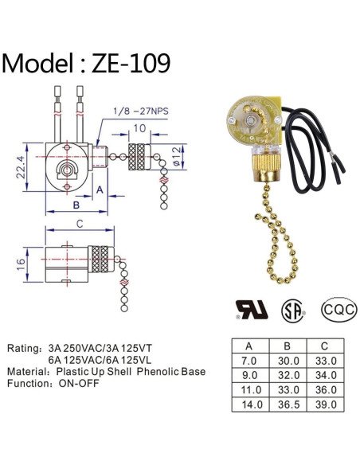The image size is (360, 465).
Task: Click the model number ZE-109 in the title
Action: [x=131, y=63]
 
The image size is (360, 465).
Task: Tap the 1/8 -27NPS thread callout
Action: [x=141, y=111]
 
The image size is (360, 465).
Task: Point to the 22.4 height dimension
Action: [x=21, y=167]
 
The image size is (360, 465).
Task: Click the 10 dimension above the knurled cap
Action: [x=139, y=128]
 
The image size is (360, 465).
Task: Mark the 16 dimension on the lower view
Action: [x=21, y=264]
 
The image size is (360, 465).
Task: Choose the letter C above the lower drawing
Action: [x=80, y=224]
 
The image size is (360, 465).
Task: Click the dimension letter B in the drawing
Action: [x=76, y=205]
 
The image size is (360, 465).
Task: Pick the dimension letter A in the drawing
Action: [x=100, y=190]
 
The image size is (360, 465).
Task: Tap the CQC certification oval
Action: [x=339, y=310]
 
